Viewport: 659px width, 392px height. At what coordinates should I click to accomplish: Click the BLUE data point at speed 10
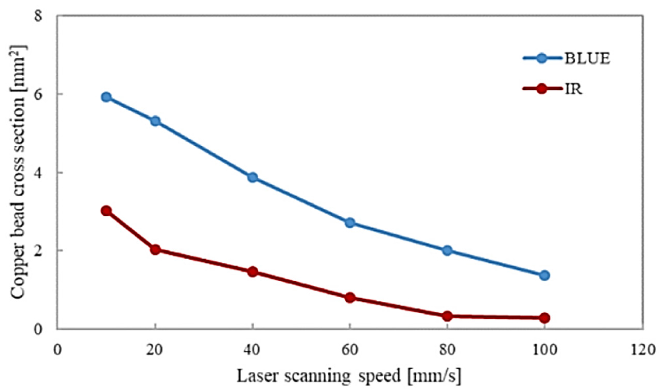click(x=106, y=97)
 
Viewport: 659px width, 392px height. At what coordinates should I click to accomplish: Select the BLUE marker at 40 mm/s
click(x=252, y=178)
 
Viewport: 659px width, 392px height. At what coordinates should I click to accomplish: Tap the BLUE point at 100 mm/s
click(x=544, y=275)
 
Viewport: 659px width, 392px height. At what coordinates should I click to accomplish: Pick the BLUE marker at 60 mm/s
click(x=350, y=223)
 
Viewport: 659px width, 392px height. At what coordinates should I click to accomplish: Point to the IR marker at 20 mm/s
click(x=155, y=249)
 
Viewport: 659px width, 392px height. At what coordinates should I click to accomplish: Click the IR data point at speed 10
click(x=106, y=211)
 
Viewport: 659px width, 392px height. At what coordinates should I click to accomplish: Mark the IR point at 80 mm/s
click(x=447, y=316)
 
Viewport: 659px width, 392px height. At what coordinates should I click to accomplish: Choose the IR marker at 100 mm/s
click(x=544, y=318)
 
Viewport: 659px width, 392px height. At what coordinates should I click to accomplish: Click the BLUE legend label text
click(x=587, y=58)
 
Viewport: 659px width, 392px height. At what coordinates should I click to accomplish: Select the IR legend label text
click(x=573, y=89)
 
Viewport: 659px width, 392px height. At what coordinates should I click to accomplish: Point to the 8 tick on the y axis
click(x=38, y=16)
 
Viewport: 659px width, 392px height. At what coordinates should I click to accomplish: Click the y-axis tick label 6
click(x=38, y=94)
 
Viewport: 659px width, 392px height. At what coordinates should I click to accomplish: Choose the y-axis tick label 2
click(x=38, y=251)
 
